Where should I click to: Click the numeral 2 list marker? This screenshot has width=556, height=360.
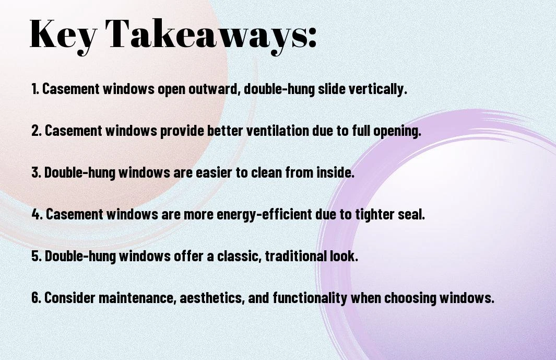(37, 131)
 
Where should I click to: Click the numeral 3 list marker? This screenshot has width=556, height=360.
(36, 172)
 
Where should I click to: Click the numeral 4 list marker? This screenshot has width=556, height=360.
(37, 214)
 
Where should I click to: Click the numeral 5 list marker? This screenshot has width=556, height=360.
(37, 256)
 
